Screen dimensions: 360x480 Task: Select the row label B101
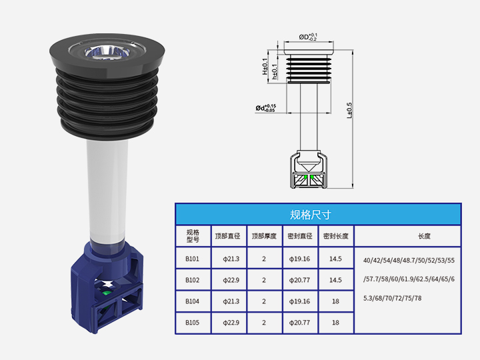[x=193, y=259]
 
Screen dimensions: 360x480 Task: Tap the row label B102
[x=193, y=280]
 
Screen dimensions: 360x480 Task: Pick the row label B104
[x=193, y=301]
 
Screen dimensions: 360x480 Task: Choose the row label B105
[x=193, y=323]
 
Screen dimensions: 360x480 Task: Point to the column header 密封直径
[x=299, y=236]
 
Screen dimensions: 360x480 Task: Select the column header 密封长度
[x=335, y=236]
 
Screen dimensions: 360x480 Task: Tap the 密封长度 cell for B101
[x=335, y=259]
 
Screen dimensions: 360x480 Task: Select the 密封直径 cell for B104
[x=299, y=301]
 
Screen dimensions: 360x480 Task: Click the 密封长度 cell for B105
[x=335, y=323]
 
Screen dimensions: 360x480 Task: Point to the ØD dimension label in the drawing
[x=307, y=37]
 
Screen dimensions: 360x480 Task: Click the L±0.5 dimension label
[x=349, y=111]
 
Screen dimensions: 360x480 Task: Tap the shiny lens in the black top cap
[x=107, y=50]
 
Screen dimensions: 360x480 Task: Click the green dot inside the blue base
[x=106, y=291]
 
